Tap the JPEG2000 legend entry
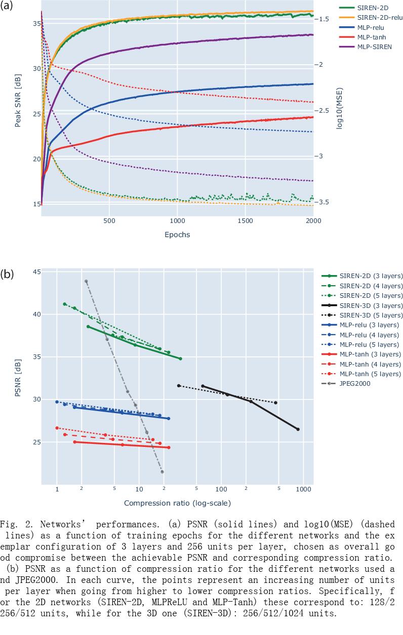[x=355, y=384]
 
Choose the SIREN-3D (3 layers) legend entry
[x=371, y=305]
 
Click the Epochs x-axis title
[x=177, y=235]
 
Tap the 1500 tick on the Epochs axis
[x=245, y=221]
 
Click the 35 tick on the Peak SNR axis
[x=34, y=23]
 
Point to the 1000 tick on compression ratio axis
[x=303, y=489]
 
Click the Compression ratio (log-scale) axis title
[x=177, y=503]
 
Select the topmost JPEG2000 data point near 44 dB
[x=86, y=281]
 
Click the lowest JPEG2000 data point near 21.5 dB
[x=162, y=472]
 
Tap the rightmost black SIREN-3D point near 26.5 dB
[x=298, y=429]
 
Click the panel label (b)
[x=7, y=275]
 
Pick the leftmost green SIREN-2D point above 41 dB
[x=64, y=304]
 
